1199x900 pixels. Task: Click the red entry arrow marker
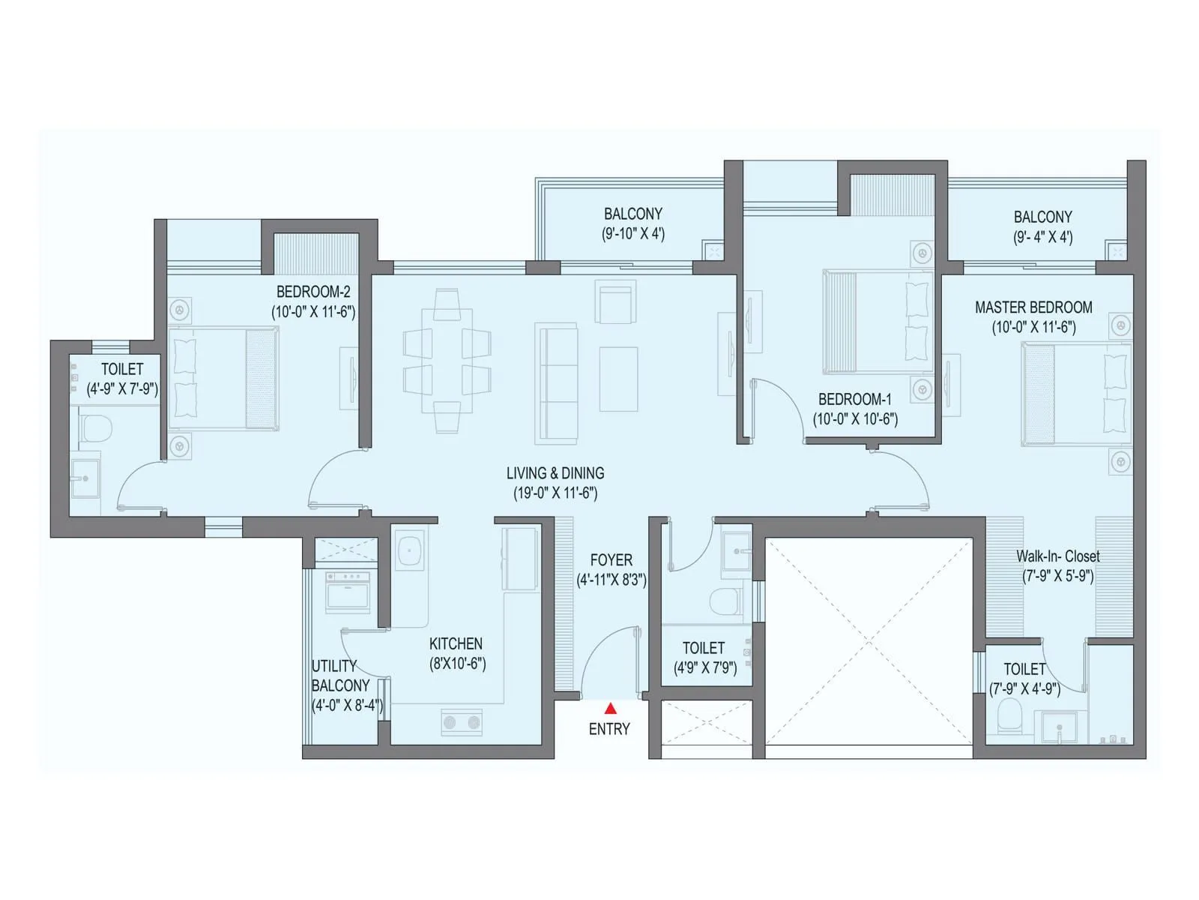611,707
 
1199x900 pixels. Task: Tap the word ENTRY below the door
609,729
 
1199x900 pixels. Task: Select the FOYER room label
611,560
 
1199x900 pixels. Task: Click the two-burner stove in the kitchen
462,722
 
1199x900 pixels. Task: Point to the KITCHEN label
456,643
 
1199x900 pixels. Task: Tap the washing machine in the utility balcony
347,590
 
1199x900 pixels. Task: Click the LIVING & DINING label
555,473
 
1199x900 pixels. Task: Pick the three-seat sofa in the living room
557,383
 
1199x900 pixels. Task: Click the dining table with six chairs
447,361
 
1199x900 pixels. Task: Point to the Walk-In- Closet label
1057,556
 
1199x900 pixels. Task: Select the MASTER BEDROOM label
1033,307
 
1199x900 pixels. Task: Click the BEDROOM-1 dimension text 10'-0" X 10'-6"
855,419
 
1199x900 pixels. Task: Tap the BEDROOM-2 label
313,292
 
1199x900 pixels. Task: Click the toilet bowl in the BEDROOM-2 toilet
95,428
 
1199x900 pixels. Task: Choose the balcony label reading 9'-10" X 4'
633,233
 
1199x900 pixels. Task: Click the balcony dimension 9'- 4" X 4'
1042,237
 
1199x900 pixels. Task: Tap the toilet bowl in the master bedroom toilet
1009,716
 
